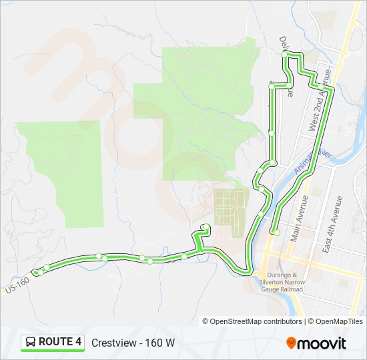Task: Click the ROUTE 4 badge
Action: [53, 343]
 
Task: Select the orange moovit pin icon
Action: [292, 343]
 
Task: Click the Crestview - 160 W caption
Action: [133, 343]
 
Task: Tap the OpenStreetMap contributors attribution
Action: [253, 321]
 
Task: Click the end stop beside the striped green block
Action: [206, 226]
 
